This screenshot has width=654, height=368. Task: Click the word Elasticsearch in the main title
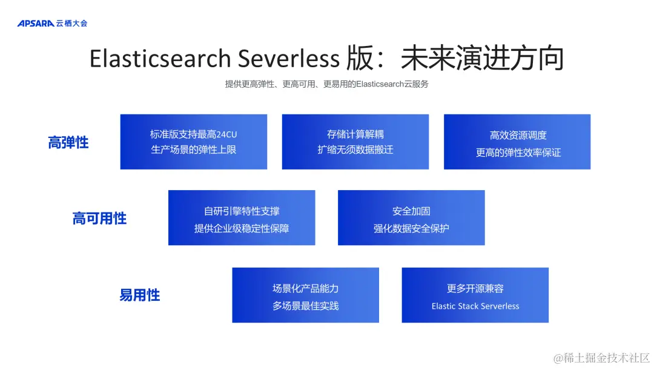(x=160, y=59)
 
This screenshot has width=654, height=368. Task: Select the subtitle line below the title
(x=327, y=84)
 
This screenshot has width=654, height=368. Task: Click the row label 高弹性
(x=68, y=143)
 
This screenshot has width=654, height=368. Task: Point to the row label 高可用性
(x=99, y=218)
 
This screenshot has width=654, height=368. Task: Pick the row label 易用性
(x=140, y=295)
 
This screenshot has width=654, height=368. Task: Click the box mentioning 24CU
(x=194, y=142)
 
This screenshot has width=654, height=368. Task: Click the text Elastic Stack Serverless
(x=475, y=306)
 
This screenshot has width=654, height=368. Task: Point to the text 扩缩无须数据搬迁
(x=355, y=149)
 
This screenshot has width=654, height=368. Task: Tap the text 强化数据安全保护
(x=411, y=229)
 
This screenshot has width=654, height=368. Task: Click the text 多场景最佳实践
(x=306, y=306)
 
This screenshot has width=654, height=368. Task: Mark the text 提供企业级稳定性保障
(x=242, y=229)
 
